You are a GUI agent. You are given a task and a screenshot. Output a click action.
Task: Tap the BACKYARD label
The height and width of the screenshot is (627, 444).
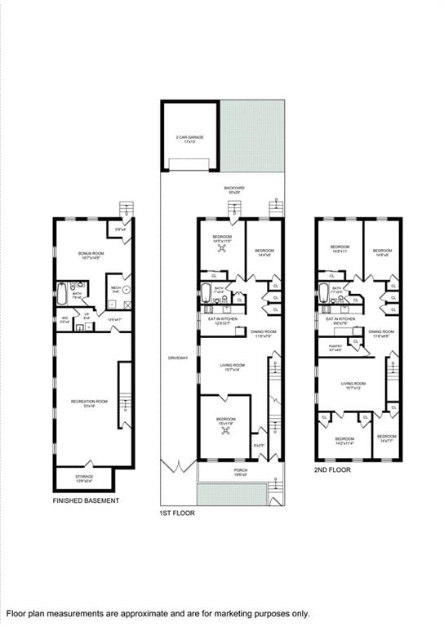[234, 188]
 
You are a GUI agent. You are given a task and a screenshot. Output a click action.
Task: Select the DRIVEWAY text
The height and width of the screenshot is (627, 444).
[178, 358]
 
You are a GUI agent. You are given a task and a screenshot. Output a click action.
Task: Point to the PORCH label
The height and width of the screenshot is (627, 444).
[240, 471]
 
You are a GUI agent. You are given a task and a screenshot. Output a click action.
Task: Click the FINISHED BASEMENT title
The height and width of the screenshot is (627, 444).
[86, 500]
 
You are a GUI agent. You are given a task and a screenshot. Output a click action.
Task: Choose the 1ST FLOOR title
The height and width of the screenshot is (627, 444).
[177, 514]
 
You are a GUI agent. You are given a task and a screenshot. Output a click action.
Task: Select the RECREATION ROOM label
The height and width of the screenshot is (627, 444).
[89, 401]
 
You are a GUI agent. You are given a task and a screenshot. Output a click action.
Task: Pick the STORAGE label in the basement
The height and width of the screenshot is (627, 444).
[85, 476]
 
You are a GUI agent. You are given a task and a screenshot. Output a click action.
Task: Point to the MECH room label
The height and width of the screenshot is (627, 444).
[116, 287]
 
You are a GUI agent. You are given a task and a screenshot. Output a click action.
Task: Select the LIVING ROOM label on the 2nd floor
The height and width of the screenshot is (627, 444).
[353, 383]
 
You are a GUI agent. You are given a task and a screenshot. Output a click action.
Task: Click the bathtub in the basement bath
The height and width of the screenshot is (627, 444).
[62, 292]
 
